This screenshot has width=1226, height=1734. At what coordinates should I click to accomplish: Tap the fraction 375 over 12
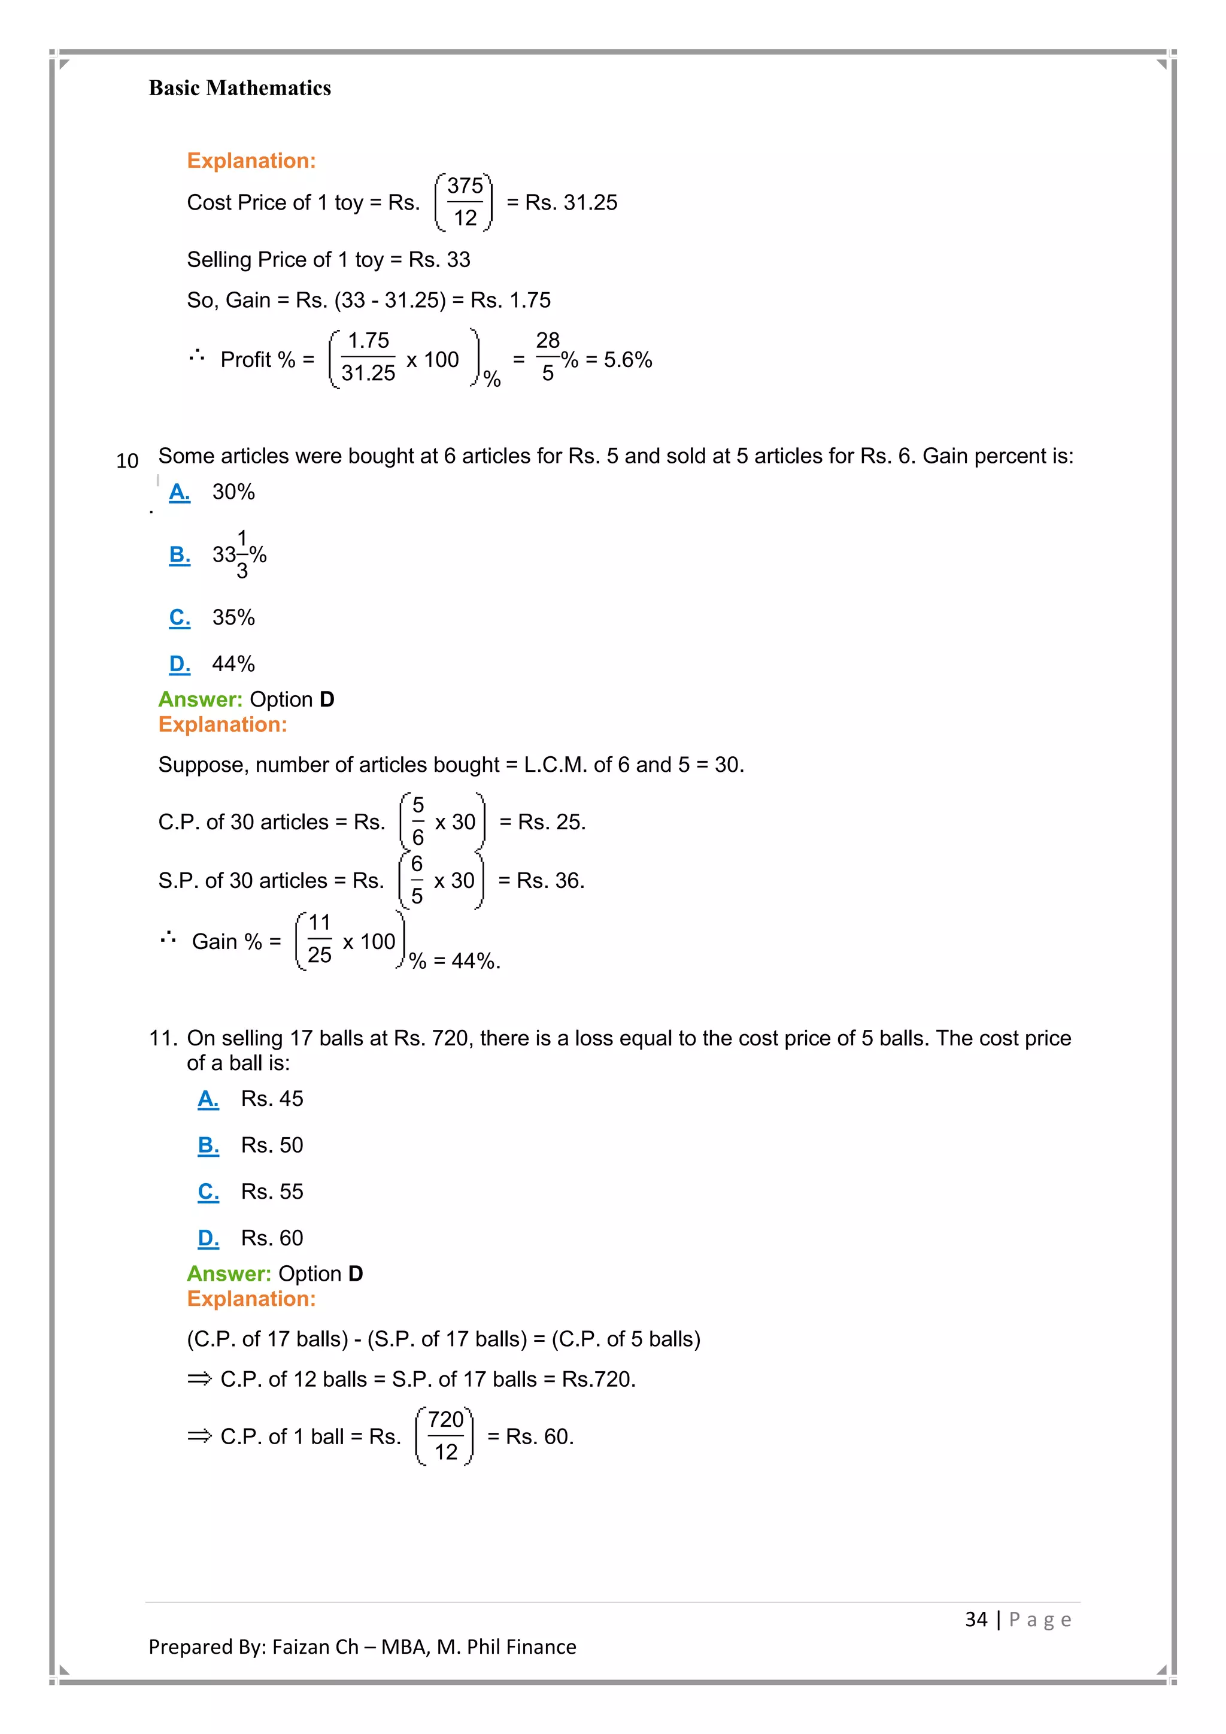465,202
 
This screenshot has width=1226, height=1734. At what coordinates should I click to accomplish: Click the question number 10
127,460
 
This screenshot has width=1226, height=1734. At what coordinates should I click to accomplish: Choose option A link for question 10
180,492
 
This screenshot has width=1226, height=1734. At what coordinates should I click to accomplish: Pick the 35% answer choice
233,617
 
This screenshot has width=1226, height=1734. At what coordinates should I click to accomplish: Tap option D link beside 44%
180,664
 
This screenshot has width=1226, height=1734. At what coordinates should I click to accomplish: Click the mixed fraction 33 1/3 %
239,554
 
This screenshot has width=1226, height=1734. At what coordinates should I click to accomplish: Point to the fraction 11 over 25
319,939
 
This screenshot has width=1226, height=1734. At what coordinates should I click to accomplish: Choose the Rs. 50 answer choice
272,1145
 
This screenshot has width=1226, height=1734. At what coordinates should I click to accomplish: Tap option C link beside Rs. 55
208,1191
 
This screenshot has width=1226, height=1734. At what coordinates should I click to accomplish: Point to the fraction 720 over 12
445,1436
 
